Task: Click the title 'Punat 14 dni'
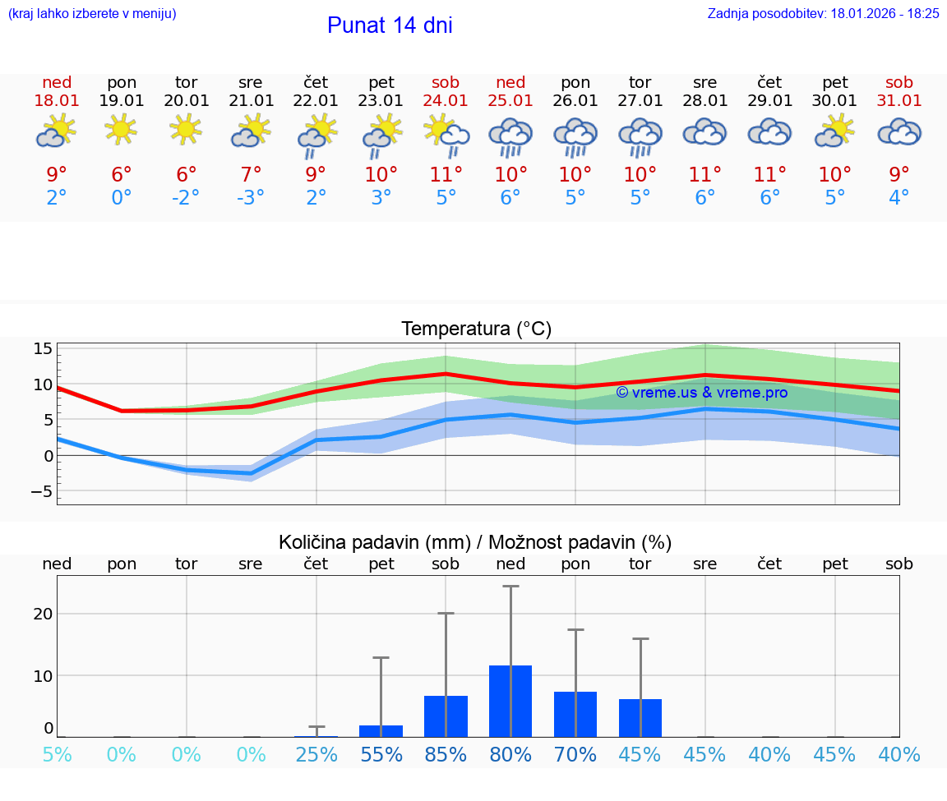pos(390,25)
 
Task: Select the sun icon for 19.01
pos(121,130)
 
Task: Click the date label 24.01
pos(446,101)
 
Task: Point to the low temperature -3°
pos(251,198)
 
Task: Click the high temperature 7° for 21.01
pos(251,174)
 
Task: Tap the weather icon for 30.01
pos(835,131)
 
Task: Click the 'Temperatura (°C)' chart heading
pos(476,329)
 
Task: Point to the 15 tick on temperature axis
pos(43,348)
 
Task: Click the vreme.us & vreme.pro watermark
pos(701,393)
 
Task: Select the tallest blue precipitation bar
pos(510,701)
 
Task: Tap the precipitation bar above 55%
pos(381,731)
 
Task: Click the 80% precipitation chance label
pos(510,754)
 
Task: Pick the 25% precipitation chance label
pos(316,754)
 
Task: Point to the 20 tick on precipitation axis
pos(43,614)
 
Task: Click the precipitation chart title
pos(475,542)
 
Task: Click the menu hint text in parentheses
pos(92,13)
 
